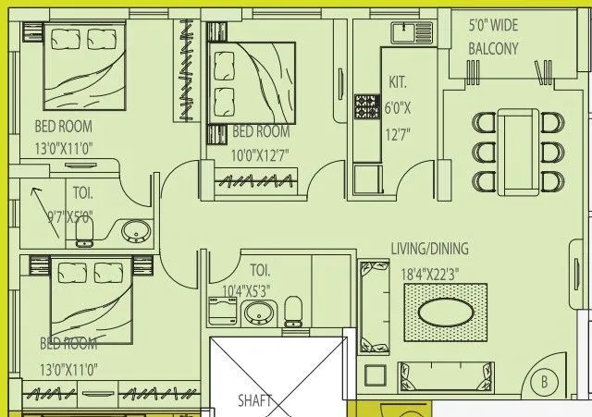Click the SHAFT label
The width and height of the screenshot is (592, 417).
[254, 400]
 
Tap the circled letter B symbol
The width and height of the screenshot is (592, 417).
[545, 382]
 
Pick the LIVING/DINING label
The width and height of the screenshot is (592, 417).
[429, 249]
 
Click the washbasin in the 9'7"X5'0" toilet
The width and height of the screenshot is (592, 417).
[136, 231]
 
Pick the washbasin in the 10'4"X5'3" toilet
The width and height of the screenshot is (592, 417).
[260, 312]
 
